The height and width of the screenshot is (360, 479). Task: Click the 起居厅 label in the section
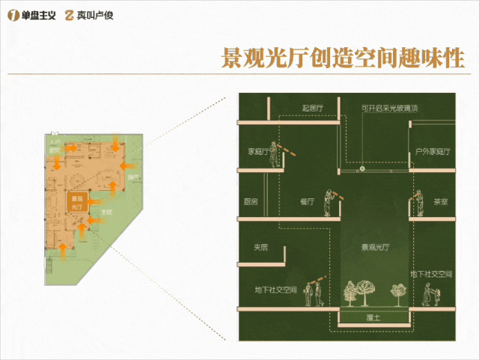pyautogui.click(x=311, y=109)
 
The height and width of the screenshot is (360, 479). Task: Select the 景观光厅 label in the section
pyautogui.click(x=376, y=246)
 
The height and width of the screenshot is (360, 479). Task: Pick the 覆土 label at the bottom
pyautogui.click(x=374, y=317)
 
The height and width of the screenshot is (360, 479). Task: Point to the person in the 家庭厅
pyautogui.click(x=275, y=153)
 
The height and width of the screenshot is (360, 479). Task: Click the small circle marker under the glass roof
pyautogui.click(x=361, y=170)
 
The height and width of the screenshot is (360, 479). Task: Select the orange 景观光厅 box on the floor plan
pyautogui.click(x=76, y=201)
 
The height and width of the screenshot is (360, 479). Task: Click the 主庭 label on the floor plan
pyautogui.click(x=106, y=213)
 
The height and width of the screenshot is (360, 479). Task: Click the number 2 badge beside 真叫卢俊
pyautogui.click(x=70, y=14)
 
